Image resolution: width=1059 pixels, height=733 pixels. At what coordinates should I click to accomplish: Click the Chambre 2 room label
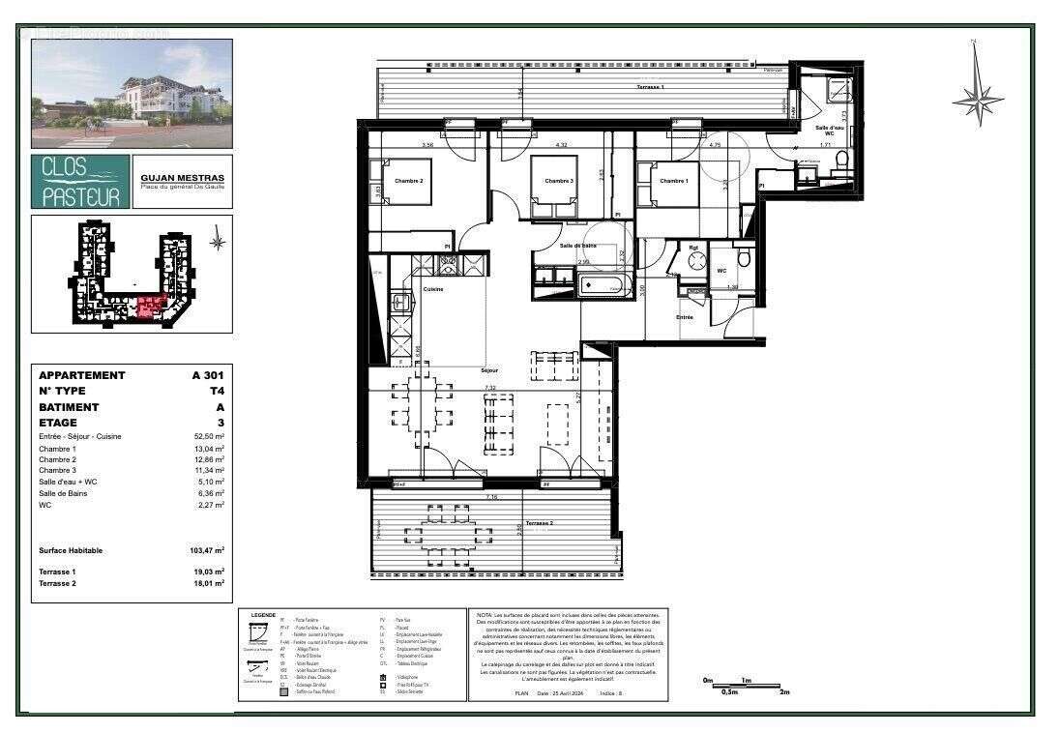click(409, 181)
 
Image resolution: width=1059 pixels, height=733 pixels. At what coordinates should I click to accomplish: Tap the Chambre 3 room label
click(559, 181)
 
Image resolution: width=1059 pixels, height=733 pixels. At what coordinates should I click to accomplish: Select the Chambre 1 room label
click(674, 181)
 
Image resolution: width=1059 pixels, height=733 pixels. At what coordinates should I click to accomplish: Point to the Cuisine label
click(433, 289)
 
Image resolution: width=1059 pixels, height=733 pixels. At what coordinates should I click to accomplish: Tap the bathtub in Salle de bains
click(603, 285)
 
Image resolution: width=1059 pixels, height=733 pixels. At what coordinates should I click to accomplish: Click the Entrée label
click(685, 317)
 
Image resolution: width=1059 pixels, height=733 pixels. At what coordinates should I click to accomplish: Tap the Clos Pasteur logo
click(80, 182)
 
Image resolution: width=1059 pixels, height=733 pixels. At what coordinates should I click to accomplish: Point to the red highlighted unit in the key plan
click(150, 308)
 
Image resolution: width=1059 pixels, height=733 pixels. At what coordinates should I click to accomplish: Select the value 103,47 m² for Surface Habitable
click(207, 550)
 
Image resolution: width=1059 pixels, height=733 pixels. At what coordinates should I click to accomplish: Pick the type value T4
click(216, 391)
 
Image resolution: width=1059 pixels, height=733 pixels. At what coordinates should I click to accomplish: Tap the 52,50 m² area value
click(207, 436)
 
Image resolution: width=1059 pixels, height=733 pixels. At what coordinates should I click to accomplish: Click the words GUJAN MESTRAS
click(182, 178)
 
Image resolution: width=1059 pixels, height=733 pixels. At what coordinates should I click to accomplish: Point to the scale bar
click(742, 687)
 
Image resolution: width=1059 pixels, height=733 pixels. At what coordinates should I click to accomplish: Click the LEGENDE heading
click(263, 614)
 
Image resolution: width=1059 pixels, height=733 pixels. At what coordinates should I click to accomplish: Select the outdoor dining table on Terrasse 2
click(448, 531)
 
